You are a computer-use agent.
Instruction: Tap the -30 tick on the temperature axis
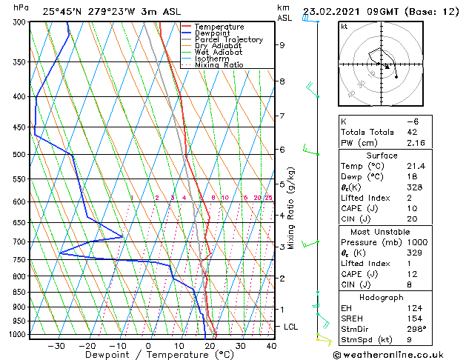pos(56,345)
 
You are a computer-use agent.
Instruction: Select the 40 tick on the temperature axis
pos(271,345)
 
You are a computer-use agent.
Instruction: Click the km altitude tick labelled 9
pos(282,45)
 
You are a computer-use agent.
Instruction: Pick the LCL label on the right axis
pos(291,327)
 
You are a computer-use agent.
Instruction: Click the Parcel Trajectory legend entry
pos(229,40)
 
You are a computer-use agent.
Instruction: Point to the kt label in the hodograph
pos(344,26)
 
